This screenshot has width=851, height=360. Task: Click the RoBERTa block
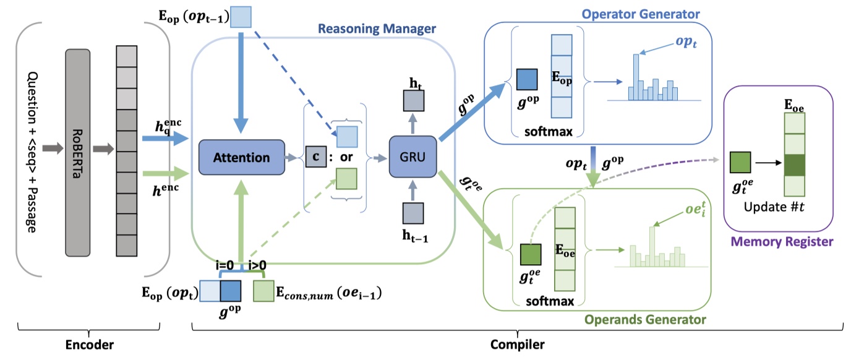[x=77, y=152]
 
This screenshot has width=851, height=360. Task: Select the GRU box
[x=413, y=158]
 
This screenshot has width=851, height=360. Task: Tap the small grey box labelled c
[x=315, y=158]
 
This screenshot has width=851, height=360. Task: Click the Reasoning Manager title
[x=377, y=29]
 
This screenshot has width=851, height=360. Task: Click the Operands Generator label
[x=653, y=320]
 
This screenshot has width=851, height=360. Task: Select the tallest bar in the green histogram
[x=651, y=246]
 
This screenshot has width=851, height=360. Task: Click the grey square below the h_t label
[x=413, y=100]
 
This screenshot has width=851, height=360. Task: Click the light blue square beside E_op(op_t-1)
[x=242, y=17]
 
